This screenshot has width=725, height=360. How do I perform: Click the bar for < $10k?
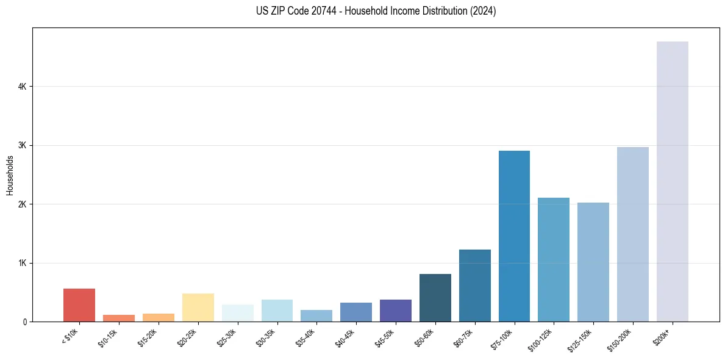[x=79, y=305]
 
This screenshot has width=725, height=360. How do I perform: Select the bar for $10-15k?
[x=119, y=318]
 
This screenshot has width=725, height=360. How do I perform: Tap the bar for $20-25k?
[x=198, y=308]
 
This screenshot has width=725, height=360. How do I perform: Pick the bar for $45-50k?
[x=395, y=311]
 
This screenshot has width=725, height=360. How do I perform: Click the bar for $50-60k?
[x=435, y=298]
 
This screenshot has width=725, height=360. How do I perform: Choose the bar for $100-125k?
[x=554, y=259]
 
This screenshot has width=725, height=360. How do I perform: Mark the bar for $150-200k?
[x=632, y=234]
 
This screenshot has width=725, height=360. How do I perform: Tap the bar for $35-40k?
[x=316, y=315]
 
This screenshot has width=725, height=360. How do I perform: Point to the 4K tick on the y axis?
[x=22, y=87]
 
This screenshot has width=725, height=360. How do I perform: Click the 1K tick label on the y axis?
[x=22, y=263]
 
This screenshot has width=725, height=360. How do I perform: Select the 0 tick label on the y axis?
[x=26, y=322]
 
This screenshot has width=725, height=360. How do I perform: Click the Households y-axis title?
[x=10, y=175]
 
